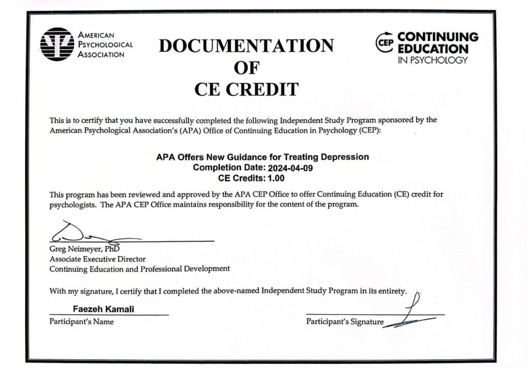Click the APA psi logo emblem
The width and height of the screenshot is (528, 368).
57,44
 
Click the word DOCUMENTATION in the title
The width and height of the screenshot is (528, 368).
246,46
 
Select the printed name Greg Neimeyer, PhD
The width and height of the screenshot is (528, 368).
85,249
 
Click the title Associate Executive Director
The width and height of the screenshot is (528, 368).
97,259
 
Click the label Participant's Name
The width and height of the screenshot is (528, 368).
81,322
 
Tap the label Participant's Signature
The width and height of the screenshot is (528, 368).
344,322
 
